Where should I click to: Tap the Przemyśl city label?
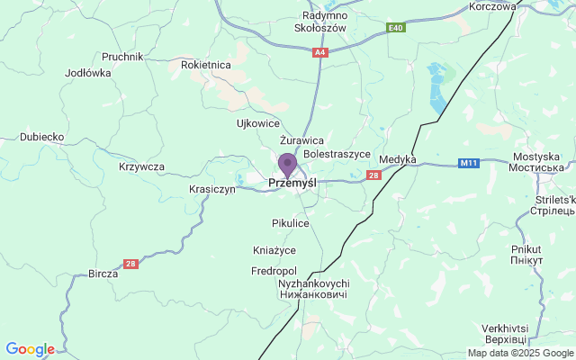pos(292,184)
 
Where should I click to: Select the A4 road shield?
pos(319,53)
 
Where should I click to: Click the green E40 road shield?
pos(396,29)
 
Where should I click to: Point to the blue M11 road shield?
pos(467,163)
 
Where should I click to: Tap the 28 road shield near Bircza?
pos(131,263)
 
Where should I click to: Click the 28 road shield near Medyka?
pos(373,175)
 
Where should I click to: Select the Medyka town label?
pos(398,159)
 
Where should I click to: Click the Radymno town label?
pos(324,15)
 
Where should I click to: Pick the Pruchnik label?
pos(122,56)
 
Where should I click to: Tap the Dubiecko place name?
pos(41,137)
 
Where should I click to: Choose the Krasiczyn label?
pos(212,189)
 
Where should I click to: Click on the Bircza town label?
pos(103,274)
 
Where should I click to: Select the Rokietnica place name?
pos(206,65)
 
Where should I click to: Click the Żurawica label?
pos(301,140)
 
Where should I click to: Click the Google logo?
pos(30,349)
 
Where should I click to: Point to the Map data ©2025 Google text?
pos(520,353)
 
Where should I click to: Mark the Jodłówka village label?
pos(88,73)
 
